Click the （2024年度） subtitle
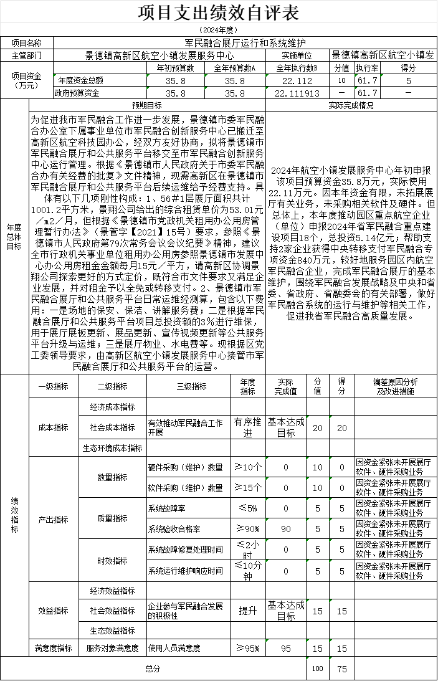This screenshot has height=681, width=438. click(219, 30)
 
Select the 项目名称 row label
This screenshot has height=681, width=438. click(27, 43)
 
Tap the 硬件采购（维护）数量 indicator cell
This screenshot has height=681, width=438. click(186, 467)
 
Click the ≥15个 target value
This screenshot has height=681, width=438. click(248, 488)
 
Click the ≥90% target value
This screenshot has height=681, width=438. click(248, 529)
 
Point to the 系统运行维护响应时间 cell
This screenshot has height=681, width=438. click(186, 570)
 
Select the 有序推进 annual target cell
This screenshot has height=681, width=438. click(248, 427)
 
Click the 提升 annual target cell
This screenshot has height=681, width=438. click(248, 611)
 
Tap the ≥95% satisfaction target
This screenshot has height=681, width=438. click(248, 649)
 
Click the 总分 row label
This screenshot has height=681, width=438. click(153, 669)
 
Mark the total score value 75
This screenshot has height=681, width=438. click(341, 669)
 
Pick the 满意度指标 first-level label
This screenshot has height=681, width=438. click(53, 648)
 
